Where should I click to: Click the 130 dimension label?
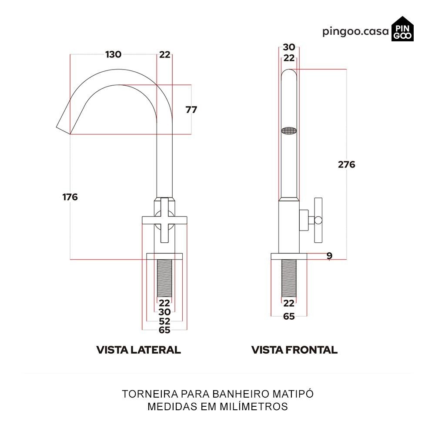(113, 54)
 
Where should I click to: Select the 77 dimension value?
(191, 110)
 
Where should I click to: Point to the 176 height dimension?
(70, 197)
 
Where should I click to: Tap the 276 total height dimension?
(347, 164)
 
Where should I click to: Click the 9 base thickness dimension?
(329, 256)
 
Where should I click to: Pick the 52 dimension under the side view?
(164, 321)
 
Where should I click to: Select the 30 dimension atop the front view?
(289, 47)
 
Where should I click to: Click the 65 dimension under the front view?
(289, 316)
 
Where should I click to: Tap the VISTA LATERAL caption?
(138, 350)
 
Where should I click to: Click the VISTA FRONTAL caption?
(294, 350)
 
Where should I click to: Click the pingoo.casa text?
(355, 32)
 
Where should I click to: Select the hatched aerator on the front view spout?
(289, 130)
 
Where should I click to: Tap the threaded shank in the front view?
(289, 278)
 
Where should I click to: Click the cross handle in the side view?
(164, 220)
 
